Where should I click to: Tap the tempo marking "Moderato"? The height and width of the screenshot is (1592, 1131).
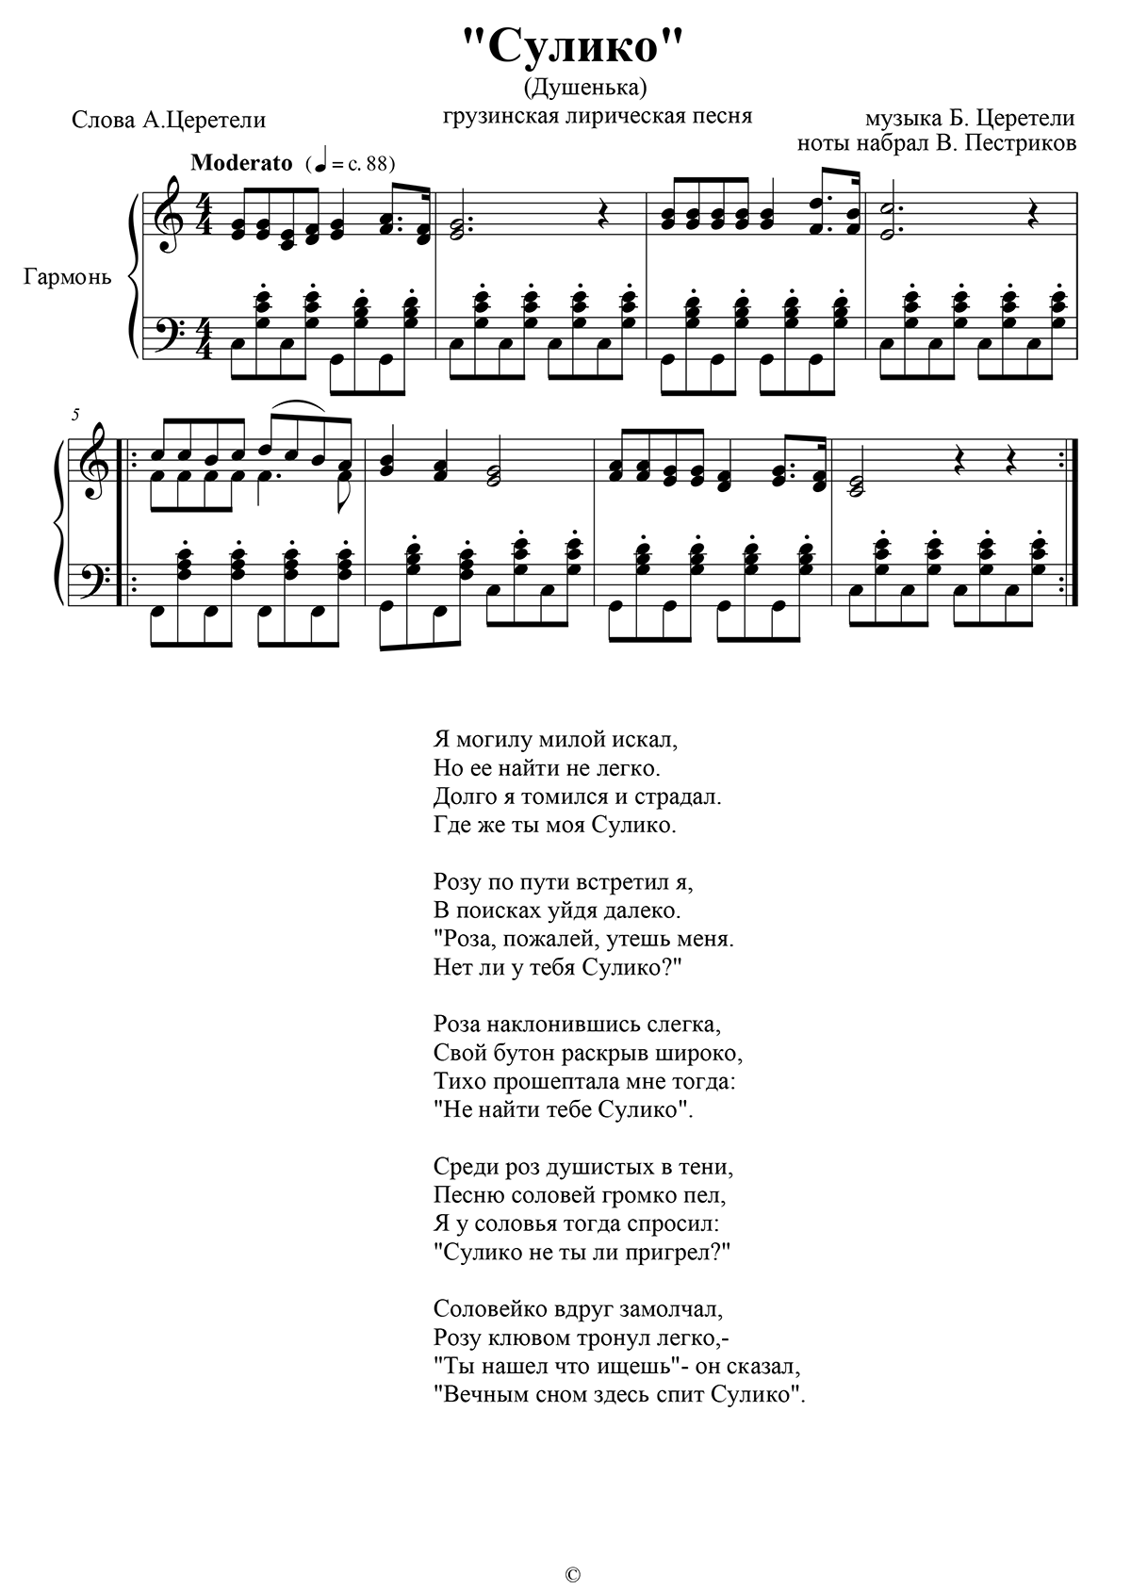pyautogui.click(x=241, y=162)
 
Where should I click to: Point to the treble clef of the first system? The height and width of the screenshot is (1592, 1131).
pyautogui.click(x=170, y=216)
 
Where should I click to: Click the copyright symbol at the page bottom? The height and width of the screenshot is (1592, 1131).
pyautogui.click(x=572, y=1574)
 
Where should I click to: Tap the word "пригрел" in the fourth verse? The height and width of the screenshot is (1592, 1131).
pyautogui.click(x=677, y=1252)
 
